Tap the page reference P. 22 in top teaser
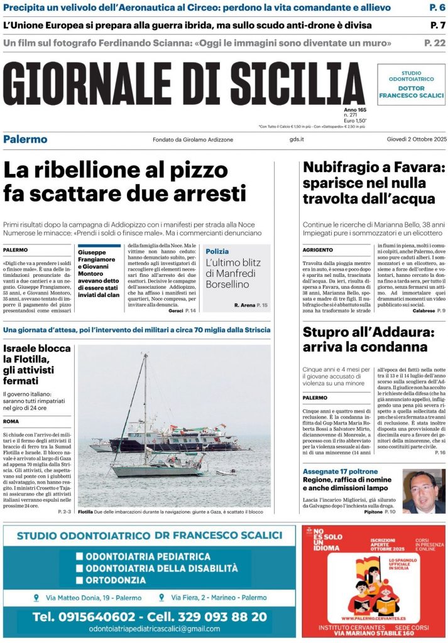(435, 43)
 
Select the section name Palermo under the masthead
(25, 139)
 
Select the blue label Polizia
(217, 251)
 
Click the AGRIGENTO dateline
(318, 249)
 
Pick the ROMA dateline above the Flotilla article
(11, 421)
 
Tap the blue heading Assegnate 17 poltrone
(341, 471)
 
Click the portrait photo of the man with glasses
(423, 491)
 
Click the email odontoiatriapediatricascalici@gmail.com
(155, 629)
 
